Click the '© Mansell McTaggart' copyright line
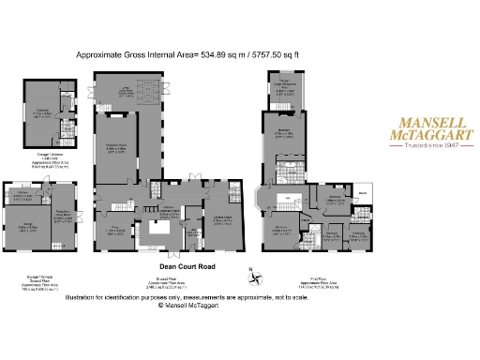(x=192, y=305)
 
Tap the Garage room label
(x=30, y=226)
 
